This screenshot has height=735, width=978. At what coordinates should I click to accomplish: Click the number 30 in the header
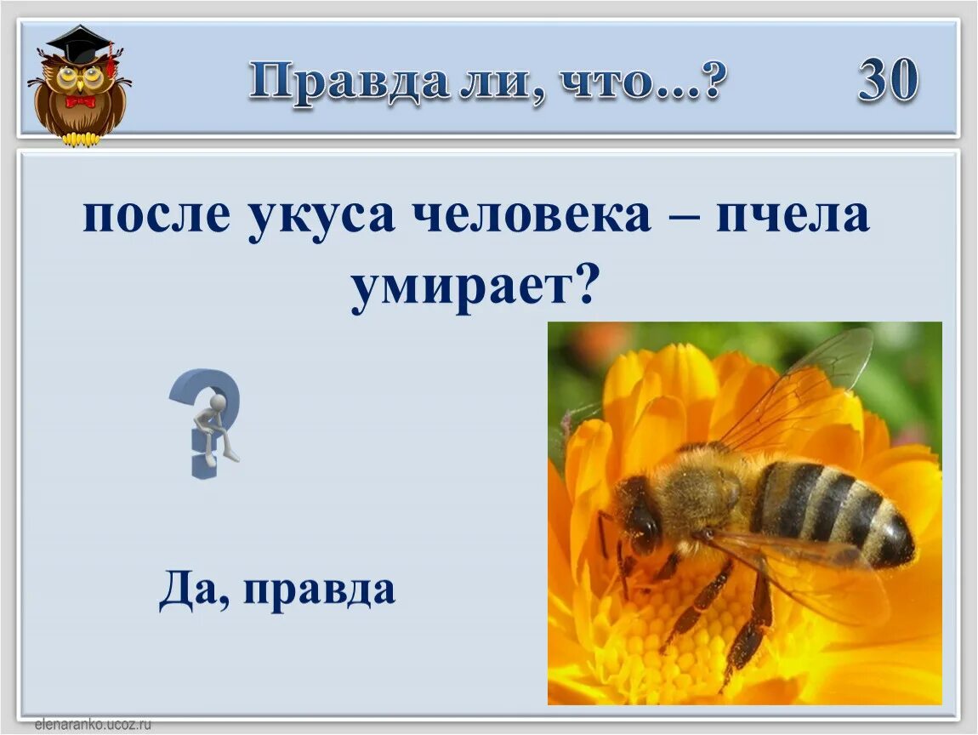888,81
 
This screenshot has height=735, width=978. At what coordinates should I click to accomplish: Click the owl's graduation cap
81,43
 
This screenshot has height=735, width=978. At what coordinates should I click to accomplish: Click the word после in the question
156,216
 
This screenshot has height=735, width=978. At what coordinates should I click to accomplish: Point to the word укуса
321,216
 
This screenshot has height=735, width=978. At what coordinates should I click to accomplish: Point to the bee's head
638,515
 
